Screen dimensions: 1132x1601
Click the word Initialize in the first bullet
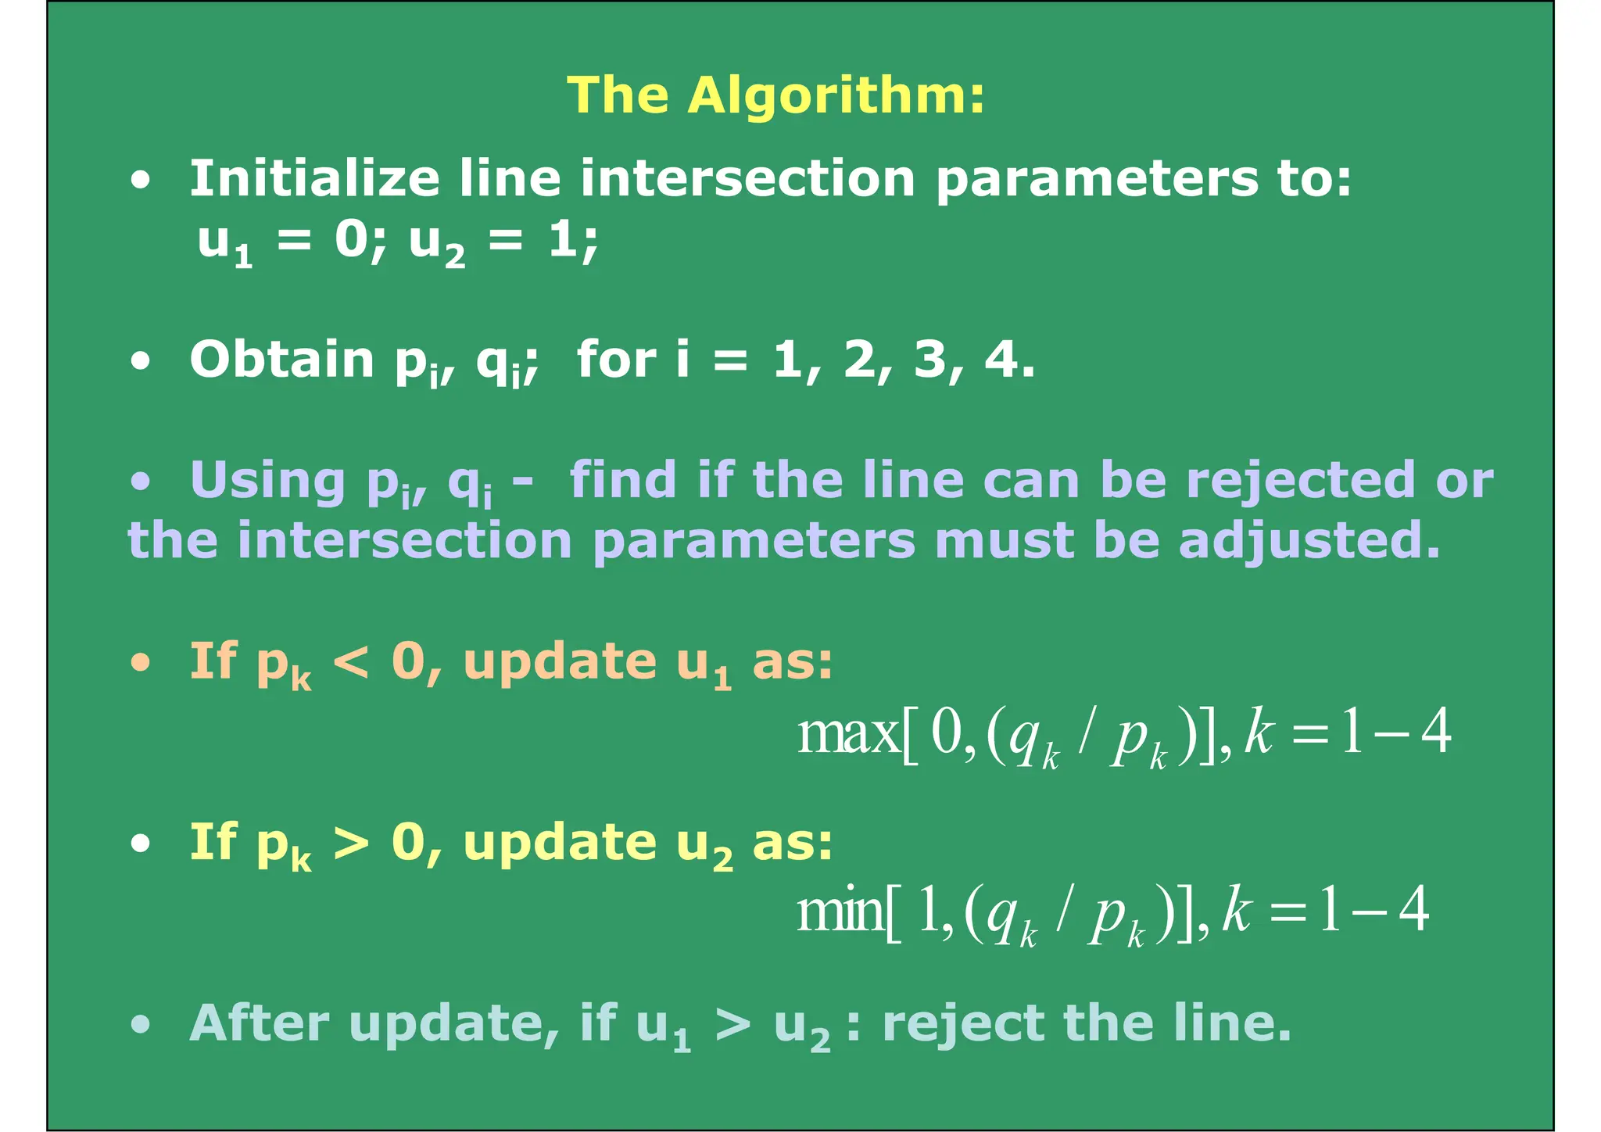tap(314, 178)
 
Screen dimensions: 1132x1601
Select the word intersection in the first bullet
tap(747, 178)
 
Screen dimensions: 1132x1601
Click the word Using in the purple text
tap(267, 480)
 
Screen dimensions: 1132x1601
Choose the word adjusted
tap(1309, 541)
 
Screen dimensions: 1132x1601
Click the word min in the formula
tap(840, 912)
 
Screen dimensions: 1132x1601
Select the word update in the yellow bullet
tap(560, 844)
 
